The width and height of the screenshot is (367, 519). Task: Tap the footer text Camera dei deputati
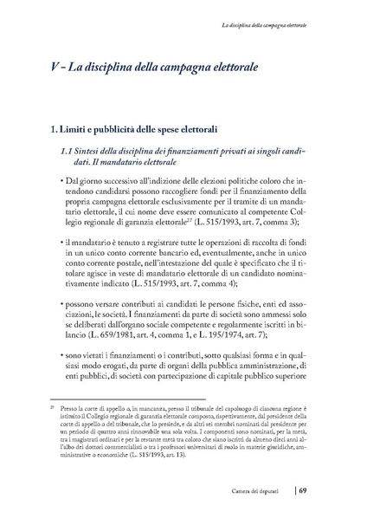[x=265, y=496]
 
